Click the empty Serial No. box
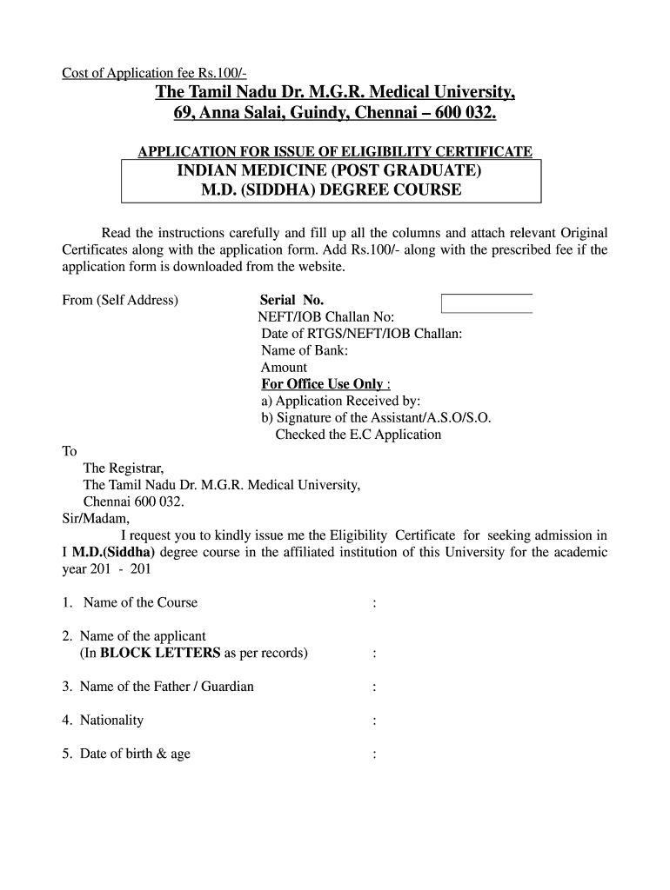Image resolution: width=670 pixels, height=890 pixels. point(486,302)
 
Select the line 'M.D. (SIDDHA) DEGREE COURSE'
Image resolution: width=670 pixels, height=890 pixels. point(332,189)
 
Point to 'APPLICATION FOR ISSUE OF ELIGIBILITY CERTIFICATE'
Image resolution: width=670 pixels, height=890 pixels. point(335,152)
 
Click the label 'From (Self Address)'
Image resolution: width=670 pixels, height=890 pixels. point(120,300)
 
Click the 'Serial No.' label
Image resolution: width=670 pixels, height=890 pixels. point(291,300)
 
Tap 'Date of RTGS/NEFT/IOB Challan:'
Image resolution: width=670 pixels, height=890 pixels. point(361,334)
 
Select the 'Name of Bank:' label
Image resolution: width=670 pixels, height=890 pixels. point(305,350)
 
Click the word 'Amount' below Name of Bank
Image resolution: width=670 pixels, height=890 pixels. point(284,367)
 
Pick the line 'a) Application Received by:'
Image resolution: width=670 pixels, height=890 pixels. point(340,401)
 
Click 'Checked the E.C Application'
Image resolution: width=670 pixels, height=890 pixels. point(358,435)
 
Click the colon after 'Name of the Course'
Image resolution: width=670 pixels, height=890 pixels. point(373,603)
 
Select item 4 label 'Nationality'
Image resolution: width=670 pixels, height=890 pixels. point(111,720)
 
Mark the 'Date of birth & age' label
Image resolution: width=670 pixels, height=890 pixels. point(134,754)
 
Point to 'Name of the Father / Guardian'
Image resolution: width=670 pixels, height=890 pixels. point(166,687)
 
